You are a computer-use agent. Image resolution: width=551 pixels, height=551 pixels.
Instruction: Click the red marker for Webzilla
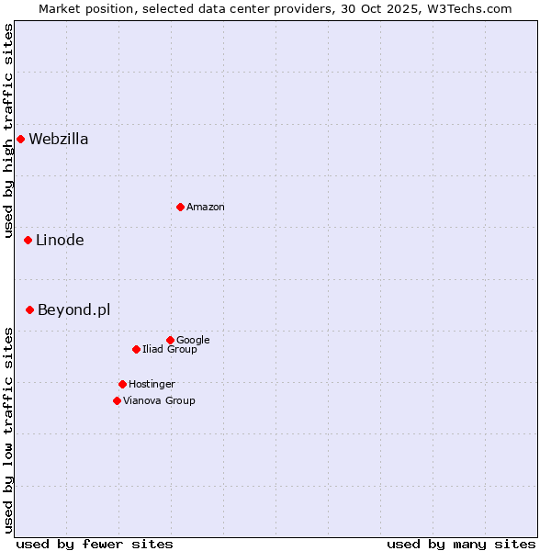coord(20,140)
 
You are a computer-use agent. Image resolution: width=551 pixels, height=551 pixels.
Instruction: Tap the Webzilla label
coord(58,140)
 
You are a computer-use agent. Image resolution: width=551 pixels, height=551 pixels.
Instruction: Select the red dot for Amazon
coord(180,207)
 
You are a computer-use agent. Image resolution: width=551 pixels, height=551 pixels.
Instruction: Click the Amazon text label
coord(206,208)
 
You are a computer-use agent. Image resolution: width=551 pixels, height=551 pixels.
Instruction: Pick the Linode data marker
coord(28,241)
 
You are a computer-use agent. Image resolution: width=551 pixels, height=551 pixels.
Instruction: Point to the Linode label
coord(60,241)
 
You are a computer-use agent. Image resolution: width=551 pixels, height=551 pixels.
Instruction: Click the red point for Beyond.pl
coord(29,310)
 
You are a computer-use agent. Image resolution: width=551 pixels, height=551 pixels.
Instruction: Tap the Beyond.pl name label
coord(73,310)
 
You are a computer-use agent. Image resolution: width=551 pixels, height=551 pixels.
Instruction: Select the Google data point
coord(170,340)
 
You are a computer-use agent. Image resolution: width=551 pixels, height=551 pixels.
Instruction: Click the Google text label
coord(193,341)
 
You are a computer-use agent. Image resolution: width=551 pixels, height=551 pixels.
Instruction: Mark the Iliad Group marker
coord(136,349)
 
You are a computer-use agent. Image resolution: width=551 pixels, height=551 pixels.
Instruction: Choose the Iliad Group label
coord(170,350)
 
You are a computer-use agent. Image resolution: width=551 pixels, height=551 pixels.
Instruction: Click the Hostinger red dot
coord(122,384)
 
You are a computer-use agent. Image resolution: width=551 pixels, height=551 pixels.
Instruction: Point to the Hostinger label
coord(152,385)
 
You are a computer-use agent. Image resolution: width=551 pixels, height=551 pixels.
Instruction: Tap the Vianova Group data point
coord(117,400)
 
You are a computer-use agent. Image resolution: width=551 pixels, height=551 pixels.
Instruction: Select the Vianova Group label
coord(159,401)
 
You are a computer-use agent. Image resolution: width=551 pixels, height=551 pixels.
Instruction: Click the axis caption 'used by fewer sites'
coord(95,544)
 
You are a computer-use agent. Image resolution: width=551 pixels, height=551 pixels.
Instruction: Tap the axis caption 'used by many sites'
coord(461,544)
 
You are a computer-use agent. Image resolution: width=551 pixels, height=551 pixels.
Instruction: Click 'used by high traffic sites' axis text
coord(9,130)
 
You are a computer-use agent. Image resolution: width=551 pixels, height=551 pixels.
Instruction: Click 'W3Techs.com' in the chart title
coord(474,9)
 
